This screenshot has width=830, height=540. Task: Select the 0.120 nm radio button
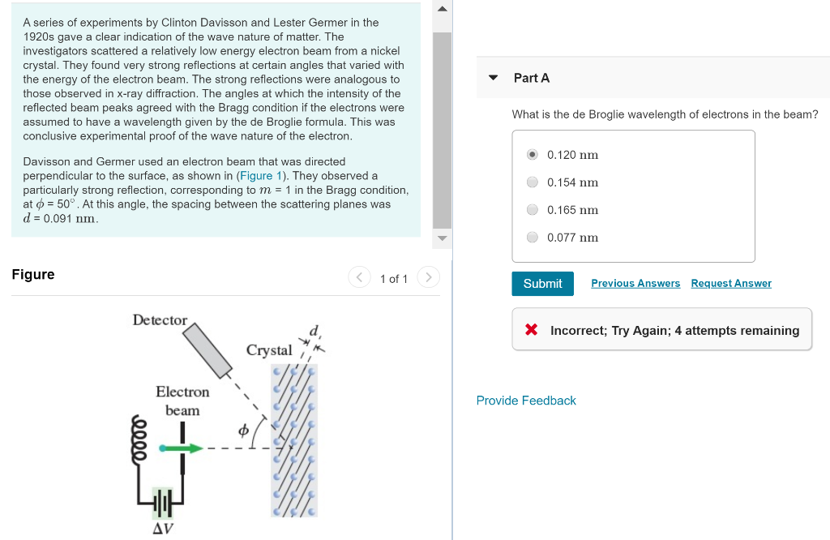click(x=533, y=155)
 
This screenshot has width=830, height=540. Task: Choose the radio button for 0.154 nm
click(x=533, y=182)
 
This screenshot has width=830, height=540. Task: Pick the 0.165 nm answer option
click(x=533, y=210)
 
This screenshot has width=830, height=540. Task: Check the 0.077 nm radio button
click(x=533, y=238)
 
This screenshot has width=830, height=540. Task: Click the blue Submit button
click(x=542, y=284)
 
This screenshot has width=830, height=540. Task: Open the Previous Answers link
click(x=635, y=284)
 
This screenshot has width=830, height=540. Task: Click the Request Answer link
click(x=731, y=284)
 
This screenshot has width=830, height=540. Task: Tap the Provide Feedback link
click(x=526, y=401)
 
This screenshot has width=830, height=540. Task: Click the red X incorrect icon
click(x=532, y=330)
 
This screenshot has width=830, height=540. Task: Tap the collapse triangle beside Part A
click(x=493, y=78)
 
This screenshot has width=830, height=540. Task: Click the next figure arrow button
click(x=428, y=278)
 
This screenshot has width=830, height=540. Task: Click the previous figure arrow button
click(x=359, y=278)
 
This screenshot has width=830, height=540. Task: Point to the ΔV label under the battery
click(x=163, y=529)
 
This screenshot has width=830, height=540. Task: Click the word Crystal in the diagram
click(x=269, y=350)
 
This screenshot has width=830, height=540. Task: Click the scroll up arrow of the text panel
click(x=442, y=10)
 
